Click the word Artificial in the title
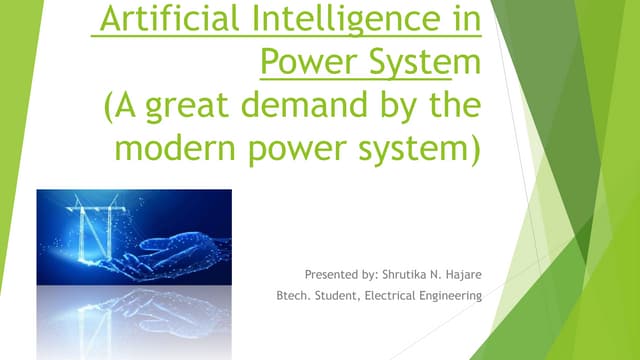coord(161,19)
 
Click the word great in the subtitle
coord(195,108)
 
